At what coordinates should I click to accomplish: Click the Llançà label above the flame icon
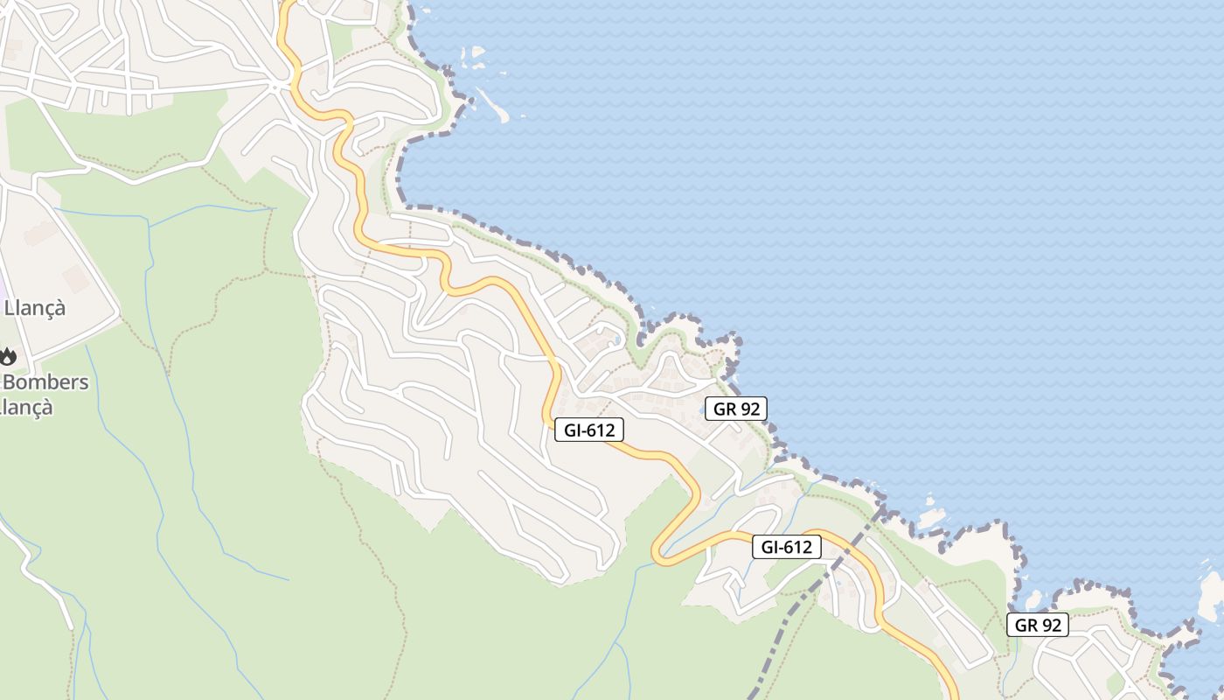(35, 308)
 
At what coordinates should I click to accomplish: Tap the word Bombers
(45, 382)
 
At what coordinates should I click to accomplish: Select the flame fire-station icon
(8, 355)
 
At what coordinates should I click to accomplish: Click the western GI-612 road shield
(589, 430)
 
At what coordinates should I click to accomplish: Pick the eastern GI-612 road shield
(787, 547)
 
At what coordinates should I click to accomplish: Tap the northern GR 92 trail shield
(736, 408)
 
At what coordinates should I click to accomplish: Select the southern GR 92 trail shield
(1037, 625)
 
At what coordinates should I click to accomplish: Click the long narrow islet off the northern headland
(495, 105)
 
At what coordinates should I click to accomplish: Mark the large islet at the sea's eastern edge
(1214, 595)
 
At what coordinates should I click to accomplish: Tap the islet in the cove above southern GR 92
(1033, 600)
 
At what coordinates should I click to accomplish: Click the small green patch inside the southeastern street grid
(1116, 682)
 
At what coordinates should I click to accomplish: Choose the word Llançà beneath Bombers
(26, 407)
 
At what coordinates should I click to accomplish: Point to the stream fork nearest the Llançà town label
(150, 226)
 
